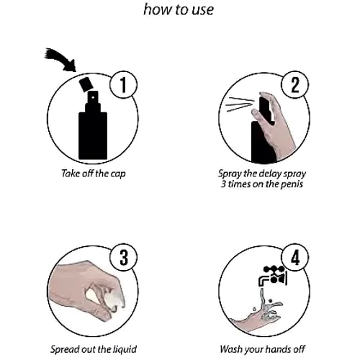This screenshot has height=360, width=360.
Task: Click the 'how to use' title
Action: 179,10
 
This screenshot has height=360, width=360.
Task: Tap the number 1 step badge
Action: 123,84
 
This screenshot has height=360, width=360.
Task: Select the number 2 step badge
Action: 295,84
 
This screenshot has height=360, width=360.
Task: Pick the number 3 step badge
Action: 123,257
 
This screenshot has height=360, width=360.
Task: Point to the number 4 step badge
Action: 295,257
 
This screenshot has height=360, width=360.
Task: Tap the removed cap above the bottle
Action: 86,84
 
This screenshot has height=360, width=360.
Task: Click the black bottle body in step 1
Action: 93,135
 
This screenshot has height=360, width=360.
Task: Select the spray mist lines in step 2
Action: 240,104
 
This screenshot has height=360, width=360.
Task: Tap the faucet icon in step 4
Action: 273,276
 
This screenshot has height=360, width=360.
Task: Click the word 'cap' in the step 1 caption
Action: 118,174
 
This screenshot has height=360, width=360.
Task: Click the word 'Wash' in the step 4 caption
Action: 231,349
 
